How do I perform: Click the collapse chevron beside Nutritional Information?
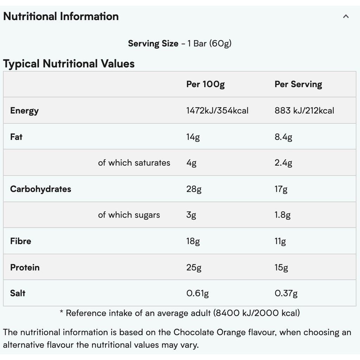(346, 16)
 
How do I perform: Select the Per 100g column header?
(205, 84)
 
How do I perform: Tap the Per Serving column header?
(298, 84)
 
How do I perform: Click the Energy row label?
(24, 111)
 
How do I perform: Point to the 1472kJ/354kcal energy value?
(217, 111)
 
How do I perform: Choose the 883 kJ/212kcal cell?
(304, 111)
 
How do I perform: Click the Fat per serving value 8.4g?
(283, 137)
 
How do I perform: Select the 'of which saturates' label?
(134, 163)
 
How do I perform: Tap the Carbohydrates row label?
(40, 189)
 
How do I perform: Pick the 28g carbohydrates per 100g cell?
(194, 189)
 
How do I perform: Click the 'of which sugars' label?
(129, 215)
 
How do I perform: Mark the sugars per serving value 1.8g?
(282, 215)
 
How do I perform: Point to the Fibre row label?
(20, 241)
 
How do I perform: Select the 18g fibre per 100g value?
(193, 241)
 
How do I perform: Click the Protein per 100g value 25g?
(194, 268)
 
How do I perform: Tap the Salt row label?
(18, 293)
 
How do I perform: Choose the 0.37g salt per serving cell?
(286, 293)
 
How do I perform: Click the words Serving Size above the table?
(153, 44)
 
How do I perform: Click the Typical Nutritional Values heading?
(69, 64)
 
